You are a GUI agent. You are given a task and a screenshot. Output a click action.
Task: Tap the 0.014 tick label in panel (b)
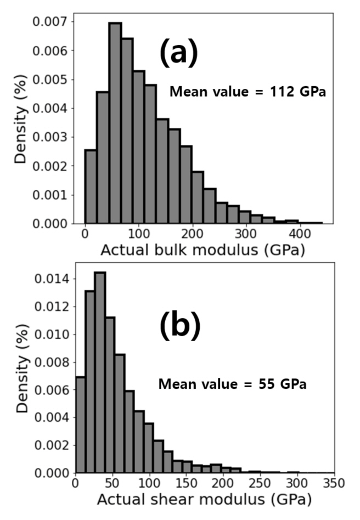(x=49, y=279)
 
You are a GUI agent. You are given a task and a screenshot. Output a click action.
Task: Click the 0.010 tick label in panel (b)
(x=49, y=335)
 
